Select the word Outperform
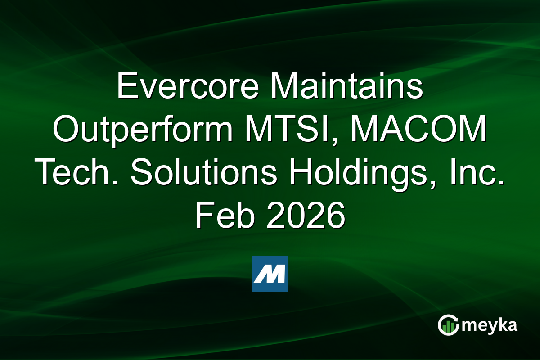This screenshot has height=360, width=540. [145, 130]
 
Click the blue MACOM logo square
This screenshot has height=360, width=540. [270, 274]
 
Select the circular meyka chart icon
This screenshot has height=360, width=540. [448, 325]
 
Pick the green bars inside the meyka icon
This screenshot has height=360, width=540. [448, 328]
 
